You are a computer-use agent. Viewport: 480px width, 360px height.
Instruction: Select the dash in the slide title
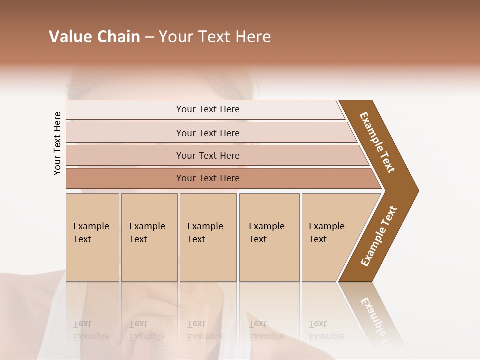(149, 37)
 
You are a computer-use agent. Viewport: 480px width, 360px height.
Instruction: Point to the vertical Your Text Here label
(57, 143)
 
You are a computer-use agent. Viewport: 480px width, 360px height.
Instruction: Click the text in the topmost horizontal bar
(208, 109)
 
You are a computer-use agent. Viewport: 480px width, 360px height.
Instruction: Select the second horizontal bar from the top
(208, 133)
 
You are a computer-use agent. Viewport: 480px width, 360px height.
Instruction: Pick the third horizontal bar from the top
(208, 156)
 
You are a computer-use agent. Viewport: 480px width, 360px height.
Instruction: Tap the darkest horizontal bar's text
(208, 178)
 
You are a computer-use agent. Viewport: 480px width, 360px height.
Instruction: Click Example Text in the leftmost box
(91, 233)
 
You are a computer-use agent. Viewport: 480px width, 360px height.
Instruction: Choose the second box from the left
(147, 233)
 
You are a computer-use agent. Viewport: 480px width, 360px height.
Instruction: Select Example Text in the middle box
(205, 233)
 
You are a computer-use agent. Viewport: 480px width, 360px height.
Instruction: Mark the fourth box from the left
(267, 233)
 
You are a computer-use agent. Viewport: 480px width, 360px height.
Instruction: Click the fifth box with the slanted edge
(327, 233)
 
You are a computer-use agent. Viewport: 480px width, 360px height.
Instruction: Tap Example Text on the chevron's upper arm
(377, 142)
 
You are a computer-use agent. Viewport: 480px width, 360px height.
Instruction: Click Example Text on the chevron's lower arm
(379, 236)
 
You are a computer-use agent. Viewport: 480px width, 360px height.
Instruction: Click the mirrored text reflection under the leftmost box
(91, 330)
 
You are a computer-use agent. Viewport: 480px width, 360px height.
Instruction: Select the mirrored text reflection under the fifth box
(327, 330)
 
